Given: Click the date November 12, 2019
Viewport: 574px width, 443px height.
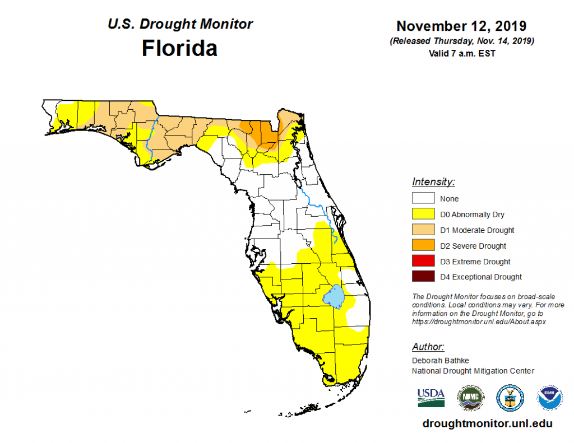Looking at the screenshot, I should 461,26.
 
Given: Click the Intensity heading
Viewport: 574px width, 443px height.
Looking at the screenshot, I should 433,182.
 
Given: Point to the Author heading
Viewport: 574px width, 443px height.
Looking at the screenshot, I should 428,347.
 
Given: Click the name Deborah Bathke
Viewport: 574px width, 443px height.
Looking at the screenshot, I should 439,361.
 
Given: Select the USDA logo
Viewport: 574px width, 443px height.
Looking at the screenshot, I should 431,397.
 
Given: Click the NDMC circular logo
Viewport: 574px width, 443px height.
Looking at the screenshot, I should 470,397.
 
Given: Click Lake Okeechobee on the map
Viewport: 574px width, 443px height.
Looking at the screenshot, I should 334,297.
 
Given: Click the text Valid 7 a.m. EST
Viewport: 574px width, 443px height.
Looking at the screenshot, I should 461,53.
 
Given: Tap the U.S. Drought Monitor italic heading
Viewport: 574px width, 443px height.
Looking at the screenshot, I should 179,25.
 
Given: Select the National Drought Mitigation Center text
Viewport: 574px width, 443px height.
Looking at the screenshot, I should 473,371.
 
